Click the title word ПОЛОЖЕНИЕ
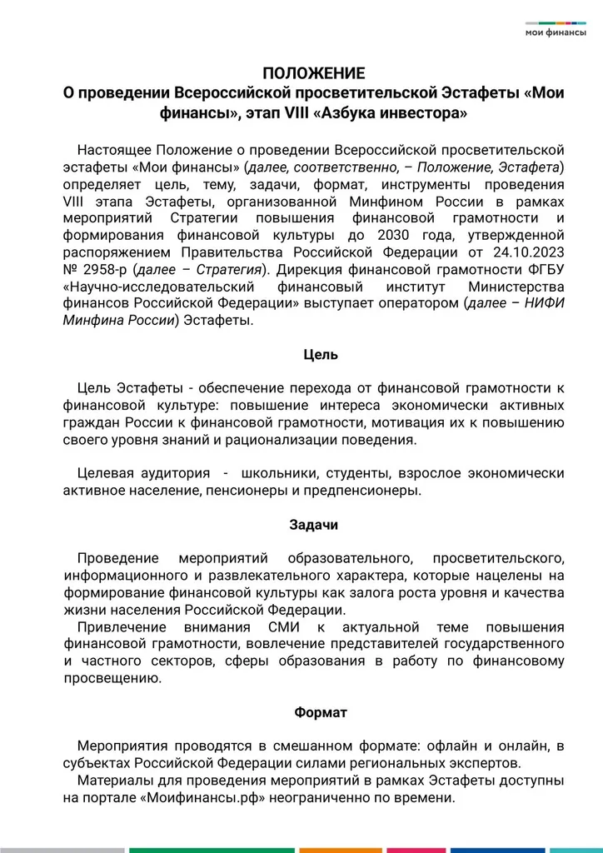314,73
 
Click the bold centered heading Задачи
314,525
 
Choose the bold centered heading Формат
321,712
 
